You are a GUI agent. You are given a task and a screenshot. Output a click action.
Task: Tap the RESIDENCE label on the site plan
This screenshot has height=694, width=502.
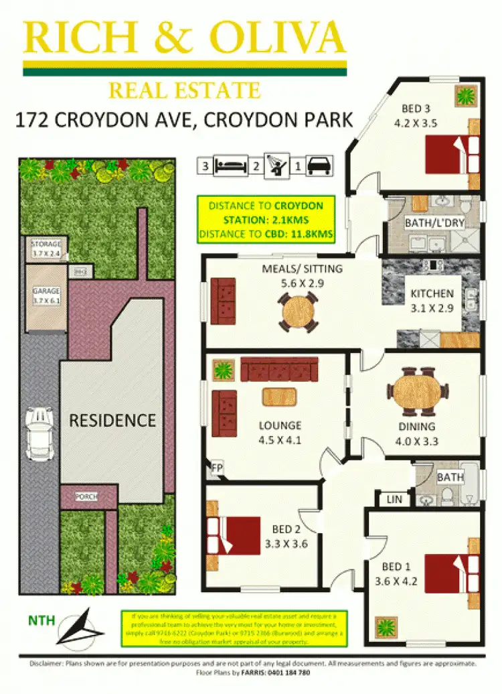tap(112, 421)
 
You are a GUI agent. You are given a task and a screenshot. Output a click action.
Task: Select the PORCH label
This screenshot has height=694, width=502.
tap(86, 496)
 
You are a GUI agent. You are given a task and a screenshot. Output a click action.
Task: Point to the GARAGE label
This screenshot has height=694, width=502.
tap(46, 295)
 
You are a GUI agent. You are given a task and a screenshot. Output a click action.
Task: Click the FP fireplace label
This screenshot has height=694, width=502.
tap(217, 467)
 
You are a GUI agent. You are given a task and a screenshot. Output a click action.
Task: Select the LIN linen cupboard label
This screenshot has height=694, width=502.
tap(394, 499)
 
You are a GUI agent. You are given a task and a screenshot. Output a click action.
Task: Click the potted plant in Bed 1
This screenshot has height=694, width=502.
tap(386, 628)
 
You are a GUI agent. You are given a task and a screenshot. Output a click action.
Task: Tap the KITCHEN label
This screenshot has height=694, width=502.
tap(432, 293)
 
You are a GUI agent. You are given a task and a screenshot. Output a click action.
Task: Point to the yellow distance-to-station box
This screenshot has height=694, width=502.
tap(266, 220)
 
